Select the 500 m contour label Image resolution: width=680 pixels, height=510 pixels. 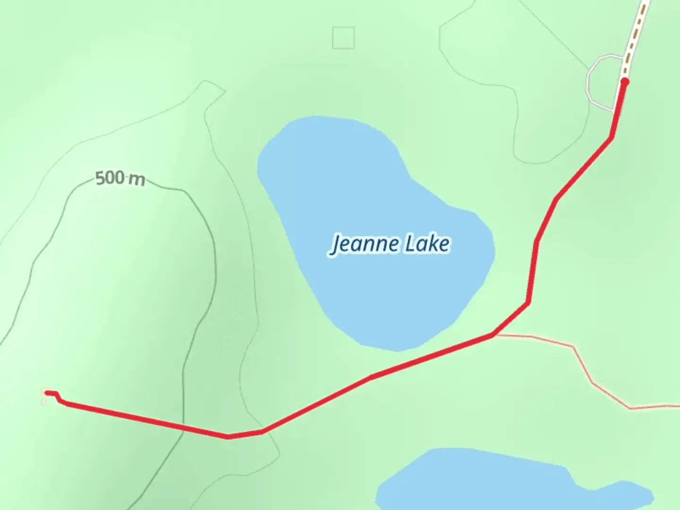pyautogui.click(x=120, y=179)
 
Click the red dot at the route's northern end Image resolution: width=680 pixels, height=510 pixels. pyautogui.click(x=624, y=82)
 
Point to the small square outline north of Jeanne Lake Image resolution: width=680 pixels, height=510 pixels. pyautogui.click(x=343, y=38)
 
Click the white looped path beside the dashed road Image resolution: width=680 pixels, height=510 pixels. pyautogui.click(x=590, y=83)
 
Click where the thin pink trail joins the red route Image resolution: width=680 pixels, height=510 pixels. pyautogui.click(x=493, y=335)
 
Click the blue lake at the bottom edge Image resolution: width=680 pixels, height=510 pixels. pyautogui.click(x=496, y=482)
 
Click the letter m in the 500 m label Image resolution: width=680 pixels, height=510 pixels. pyautogui.click(x=138, y=180)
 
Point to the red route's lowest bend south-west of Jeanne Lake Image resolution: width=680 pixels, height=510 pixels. pyautogui.click(x=229, y=437)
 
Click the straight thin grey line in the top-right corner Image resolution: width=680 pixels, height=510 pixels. pyautogui.click(x=557, y=28)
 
